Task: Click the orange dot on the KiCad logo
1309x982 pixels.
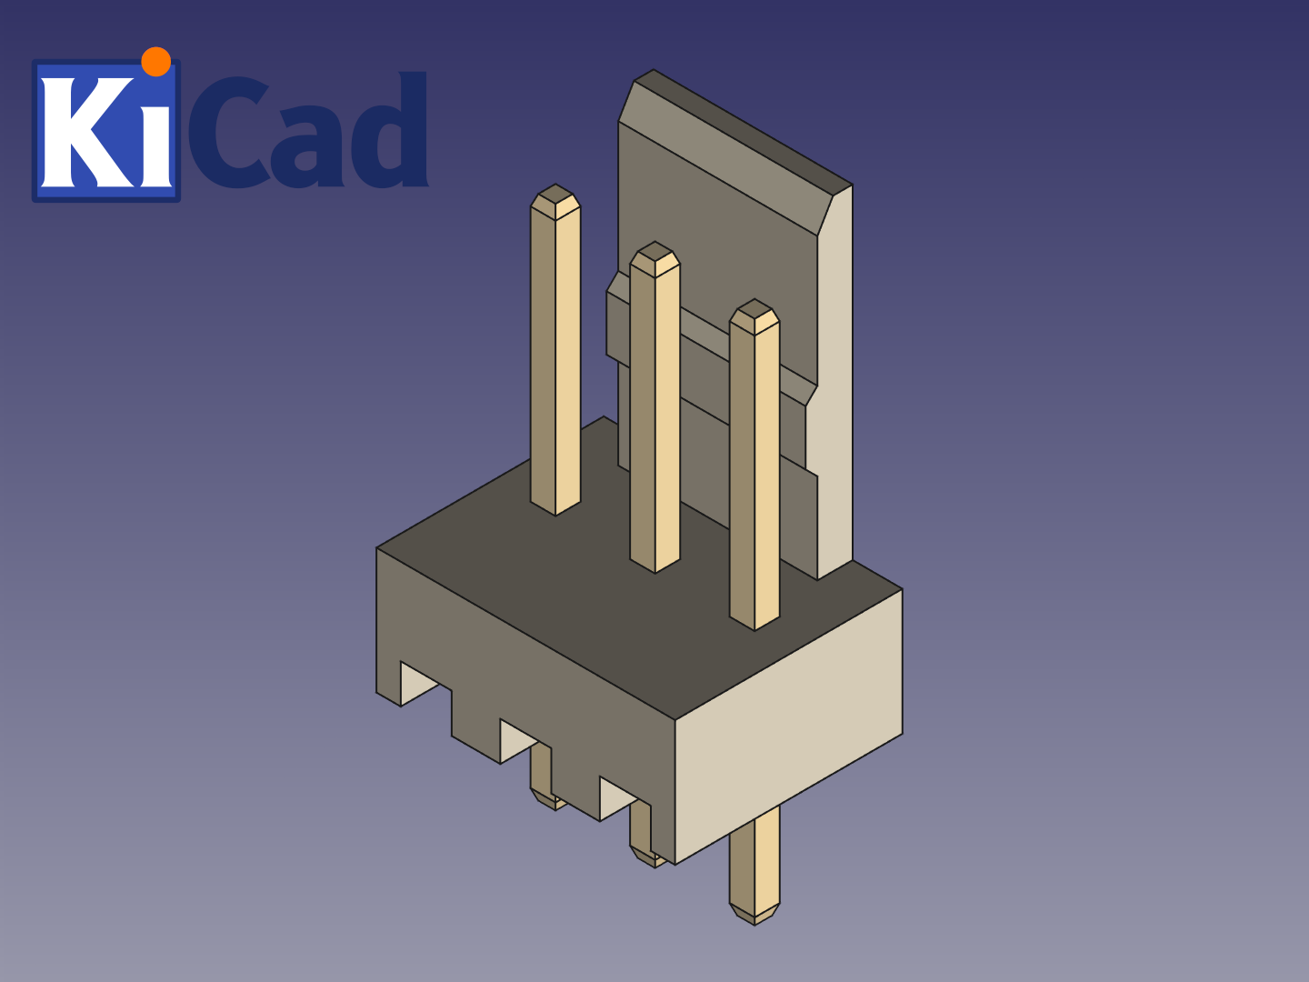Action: pyautogui.click(x=156, y=61)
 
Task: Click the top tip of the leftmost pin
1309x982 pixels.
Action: pyautogui.click(x=555, y=200)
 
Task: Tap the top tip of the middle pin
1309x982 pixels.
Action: pyautogui.click(x=654, y=257)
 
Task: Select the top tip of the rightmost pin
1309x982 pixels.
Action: pyautogui.click(x=754, y=315)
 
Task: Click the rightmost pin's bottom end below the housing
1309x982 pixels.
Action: pyautogui.click(x=754, y=909)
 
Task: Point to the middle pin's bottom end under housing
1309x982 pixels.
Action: pyautogui.click(x=647, y=855)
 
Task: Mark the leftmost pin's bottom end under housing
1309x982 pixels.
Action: pyautogui.click(x=545, y=797)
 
